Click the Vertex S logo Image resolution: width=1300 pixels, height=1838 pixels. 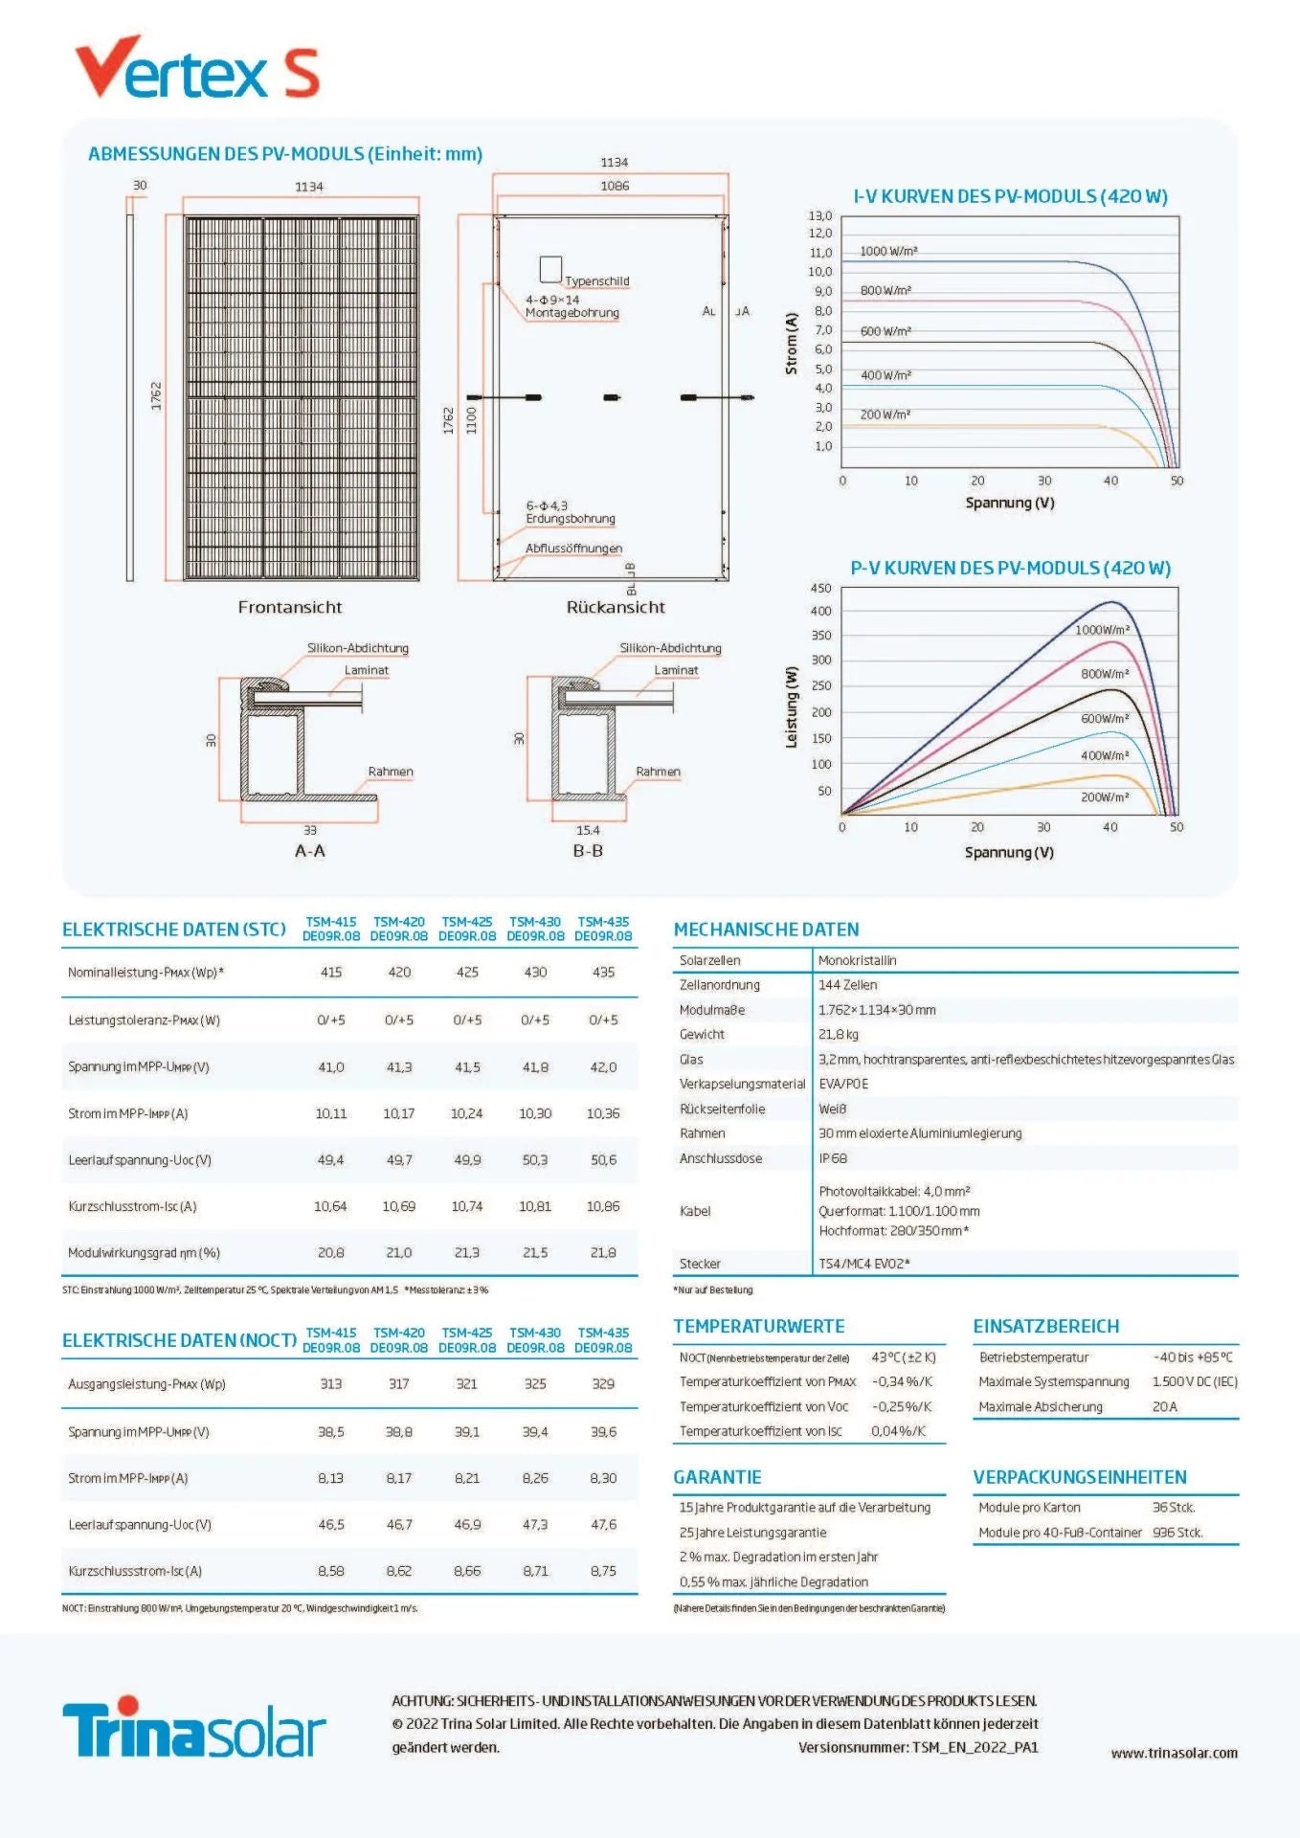pyautogui.click(x=197, y=68)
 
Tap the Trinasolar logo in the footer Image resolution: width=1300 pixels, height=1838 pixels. pyautogui.click(x=194, y=1728)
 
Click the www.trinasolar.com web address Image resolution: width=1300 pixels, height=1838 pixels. pyautogui.click(x=1174, y=1753)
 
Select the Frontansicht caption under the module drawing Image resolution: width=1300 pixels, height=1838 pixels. pyautogui.click(x=290, y=607)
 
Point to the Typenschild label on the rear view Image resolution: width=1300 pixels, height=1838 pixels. pyautogui.click(x=596, y=280)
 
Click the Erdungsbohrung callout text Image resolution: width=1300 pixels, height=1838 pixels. pyautogui.click(x=571, y=519)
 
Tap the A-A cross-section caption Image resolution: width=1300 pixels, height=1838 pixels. pyautogui.click(x=310, y=851)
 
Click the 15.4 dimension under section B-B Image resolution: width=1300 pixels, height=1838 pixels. pyautogui.click(x=588, y=830)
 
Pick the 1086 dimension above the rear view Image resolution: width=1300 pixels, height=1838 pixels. pyautogui.click(x=615, y=186)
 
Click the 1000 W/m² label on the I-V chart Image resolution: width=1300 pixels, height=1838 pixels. pyautogui.click(x=888, y=251)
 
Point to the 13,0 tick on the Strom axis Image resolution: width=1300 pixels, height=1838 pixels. pyautogui.click(x=820, y=215)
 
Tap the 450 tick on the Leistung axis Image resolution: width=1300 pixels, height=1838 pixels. pyautogui.click(x=820, y=588)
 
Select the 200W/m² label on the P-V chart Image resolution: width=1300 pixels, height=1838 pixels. pyautogui.click(x=1105, y=796)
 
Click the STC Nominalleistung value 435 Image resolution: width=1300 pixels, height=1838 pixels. pyautogui.click(x=603, y=972)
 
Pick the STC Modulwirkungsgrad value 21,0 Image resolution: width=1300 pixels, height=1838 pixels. pyautogui.click(x=399, y=1252)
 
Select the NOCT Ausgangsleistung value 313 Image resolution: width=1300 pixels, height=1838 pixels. pyautogui.click(x=331, y=1383)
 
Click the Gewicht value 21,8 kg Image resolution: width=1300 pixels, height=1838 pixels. pyautogui.click(x=839, y=1034)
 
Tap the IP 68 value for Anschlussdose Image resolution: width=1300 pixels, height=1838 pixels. pyautogui.click(x=833, y=1158)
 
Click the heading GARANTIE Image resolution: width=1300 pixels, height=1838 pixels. pyautogui.click(x=717, y=1477)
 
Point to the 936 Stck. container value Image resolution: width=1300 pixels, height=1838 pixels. pyautogui.click(x=1177, y=1533)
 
